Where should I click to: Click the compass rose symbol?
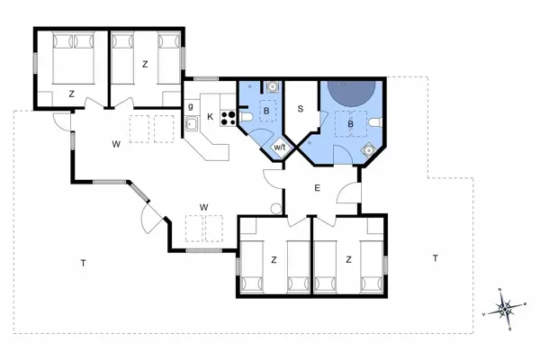pos(507,308)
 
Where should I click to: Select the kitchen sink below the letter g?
pos(192,123)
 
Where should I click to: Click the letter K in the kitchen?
pos(210,116)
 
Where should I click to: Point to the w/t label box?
pos(279,148)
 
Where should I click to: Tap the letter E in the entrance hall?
pos(317,188)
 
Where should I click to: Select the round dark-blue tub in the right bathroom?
pos(350,91)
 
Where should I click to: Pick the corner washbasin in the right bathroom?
pos(366,150)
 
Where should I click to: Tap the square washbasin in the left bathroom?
pos(271,88)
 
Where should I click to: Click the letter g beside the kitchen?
pos(191,106)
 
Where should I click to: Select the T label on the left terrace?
pos(83,263)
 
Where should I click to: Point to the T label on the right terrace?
pos(434,258)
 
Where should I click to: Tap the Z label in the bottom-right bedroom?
pos(348,259)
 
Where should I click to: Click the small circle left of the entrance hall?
pos(274,207)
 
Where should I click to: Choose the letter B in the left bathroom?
pos(265,111)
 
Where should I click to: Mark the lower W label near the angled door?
pos(203,207)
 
